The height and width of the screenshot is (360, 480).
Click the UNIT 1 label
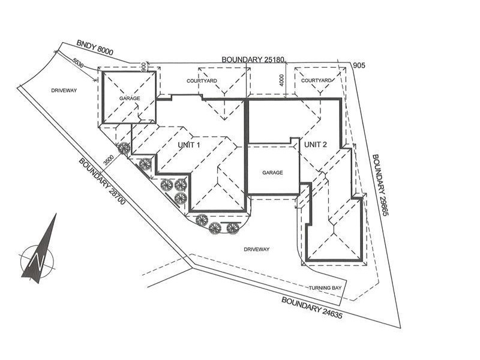pyautogui.click(x=188, y=145)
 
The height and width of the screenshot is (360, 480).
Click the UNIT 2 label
pyautogui.click(x=315, y=145)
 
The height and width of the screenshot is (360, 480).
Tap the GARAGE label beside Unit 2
pyautogui.click(x=272, y=172)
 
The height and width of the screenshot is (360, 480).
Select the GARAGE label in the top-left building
pyautogui.click(x=129, y=98)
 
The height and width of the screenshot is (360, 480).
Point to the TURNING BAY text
pyautogui.click(x=325, y=288)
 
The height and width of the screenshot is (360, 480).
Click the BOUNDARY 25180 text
pyautogui.click(x=256, y=59)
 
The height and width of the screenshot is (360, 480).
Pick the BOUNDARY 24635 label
pyautogui.click(x=311, y=307)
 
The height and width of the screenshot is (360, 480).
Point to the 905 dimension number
pyautogui.click(x=359, y=65)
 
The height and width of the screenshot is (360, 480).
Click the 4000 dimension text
pyautogui.click(x=281, y=80)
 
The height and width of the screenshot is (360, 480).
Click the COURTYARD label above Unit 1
pyautogui.click(x=201, y=80)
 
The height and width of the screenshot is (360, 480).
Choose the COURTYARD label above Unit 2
pyautogui.click(x=317, y=80)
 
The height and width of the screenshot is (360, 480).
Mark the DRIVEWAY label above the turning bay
pyautogui.click(x=257, y=248)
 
